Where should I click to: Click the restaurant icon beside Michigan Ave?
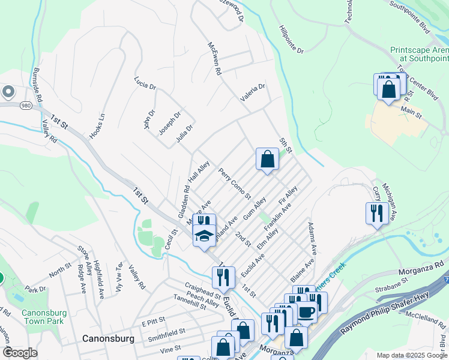(x=376, y=214)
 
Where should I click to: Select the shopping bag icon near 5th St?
(x=267, y=160)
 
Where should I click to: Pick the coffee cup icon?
(x=306, y=313)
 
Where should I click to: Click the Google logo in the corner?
(x=20, y=353)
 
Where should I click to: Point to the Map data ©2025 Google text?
(x=411, y=355)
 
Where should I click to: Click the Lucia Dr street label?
(x=145, y=82)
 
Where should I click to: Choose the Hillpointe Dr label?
(x=292, y=39)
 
